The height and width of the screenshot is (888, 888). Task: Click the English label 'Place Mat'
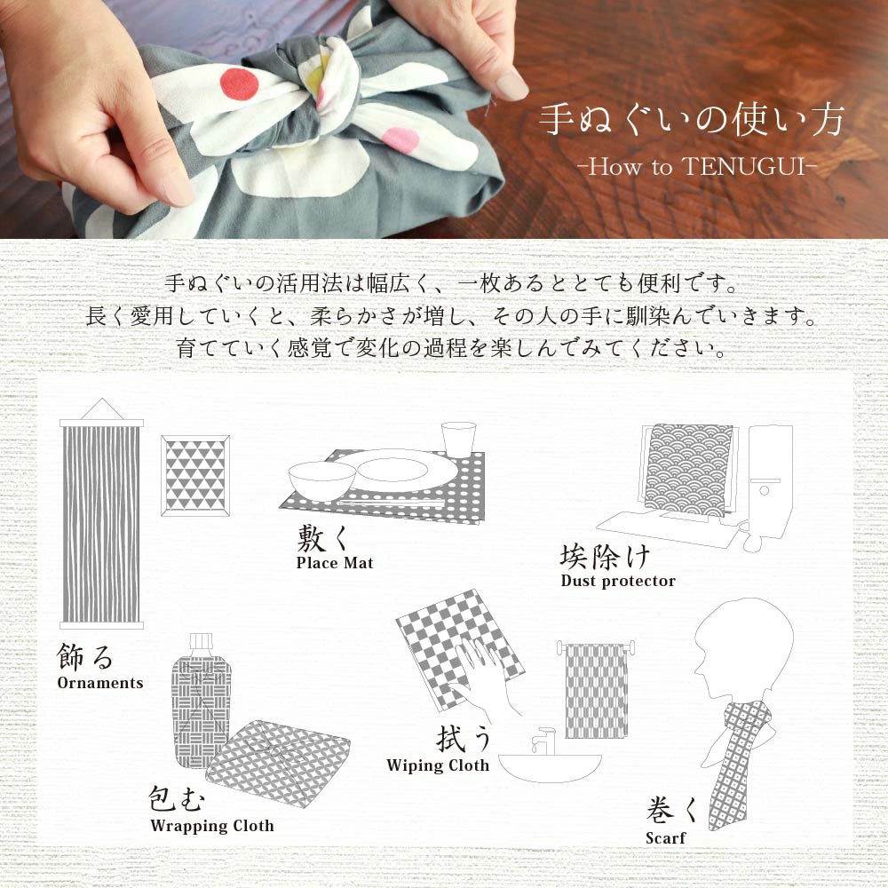point(335,563)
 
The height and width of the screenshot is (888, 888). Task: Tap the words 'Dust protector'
point(618,581)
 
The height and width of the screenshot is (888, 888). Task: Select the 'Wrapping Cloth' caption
point(212,826)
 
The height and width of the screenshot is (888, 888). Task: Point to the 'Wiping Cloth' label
point(438,765)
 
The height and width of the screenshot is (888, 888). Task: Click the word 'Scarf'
point(665,837)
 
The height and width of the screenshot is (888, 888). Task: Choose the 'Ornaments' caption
point(100,683)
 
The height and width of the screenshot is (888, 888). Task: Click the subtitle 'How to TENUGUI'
point(697,167)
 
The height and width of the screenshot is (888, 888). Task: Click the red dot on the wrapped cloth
point(239,83)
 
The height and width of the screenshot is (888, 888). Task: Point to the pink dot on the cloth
point(400,139)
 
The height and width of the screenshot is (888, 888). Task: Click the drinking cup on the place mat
point(458,440)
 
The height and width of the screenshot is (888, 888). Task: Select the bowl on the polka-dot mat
point(321,480)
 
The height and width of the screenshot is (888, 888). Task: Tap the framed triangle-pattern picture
point(195,476)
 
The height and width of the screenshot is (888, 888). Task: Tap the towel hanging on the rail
point(597,691)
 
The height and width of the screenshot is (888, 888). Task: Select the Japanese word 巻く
point(672,809)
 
